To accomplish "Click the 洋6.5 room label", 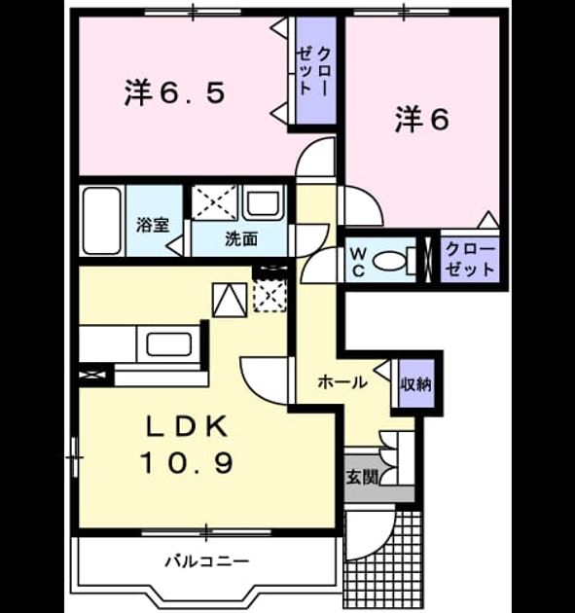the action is (175, 93).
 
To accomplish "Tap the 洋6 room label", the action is (422, 120).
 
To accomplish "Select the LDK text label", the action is (187, 426).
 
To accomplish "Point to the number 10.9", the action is (187, 462).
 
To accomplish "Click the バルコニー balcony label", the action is (207, 561).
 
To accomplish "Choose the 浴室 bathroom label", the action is (153, 225).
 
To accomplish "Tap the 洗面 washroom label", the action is (241, 238).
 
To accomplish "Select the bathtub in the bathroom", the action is (102, 221).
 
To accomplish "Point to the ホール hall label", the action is (342, 382).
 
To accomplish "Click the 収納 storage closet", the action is (416, 384).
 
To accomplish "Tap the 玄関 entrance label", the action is (362, 477).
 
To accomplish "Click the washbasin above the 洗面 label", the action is (264, 202).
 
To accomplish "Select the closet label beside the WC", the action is (470, 259).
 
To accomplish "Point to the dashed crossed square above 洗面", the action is (215, 201).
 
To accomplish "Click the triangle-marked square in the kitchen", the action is (230, 300).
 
